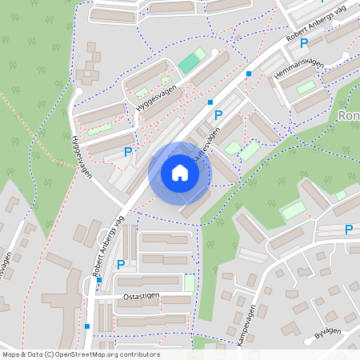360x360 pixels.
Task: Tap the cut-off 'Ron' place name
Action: point(349,115)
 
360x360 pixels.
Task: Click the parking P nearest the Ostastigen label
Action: point(122,264)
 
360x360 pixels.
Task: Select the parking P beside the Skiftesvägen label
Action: point(218,115)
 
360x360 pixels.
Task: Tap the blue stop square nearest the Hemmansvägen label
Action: point(249,74)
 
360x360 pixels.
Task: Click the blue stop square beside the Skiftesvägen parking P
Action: point(210,102)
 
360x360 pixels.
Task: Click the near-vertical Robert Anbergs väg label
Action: point(108,246)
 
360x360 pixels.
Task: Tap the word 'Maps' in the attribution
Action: point(12,354)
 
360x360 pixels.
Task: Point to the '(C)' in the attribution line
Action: point(50,354)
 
